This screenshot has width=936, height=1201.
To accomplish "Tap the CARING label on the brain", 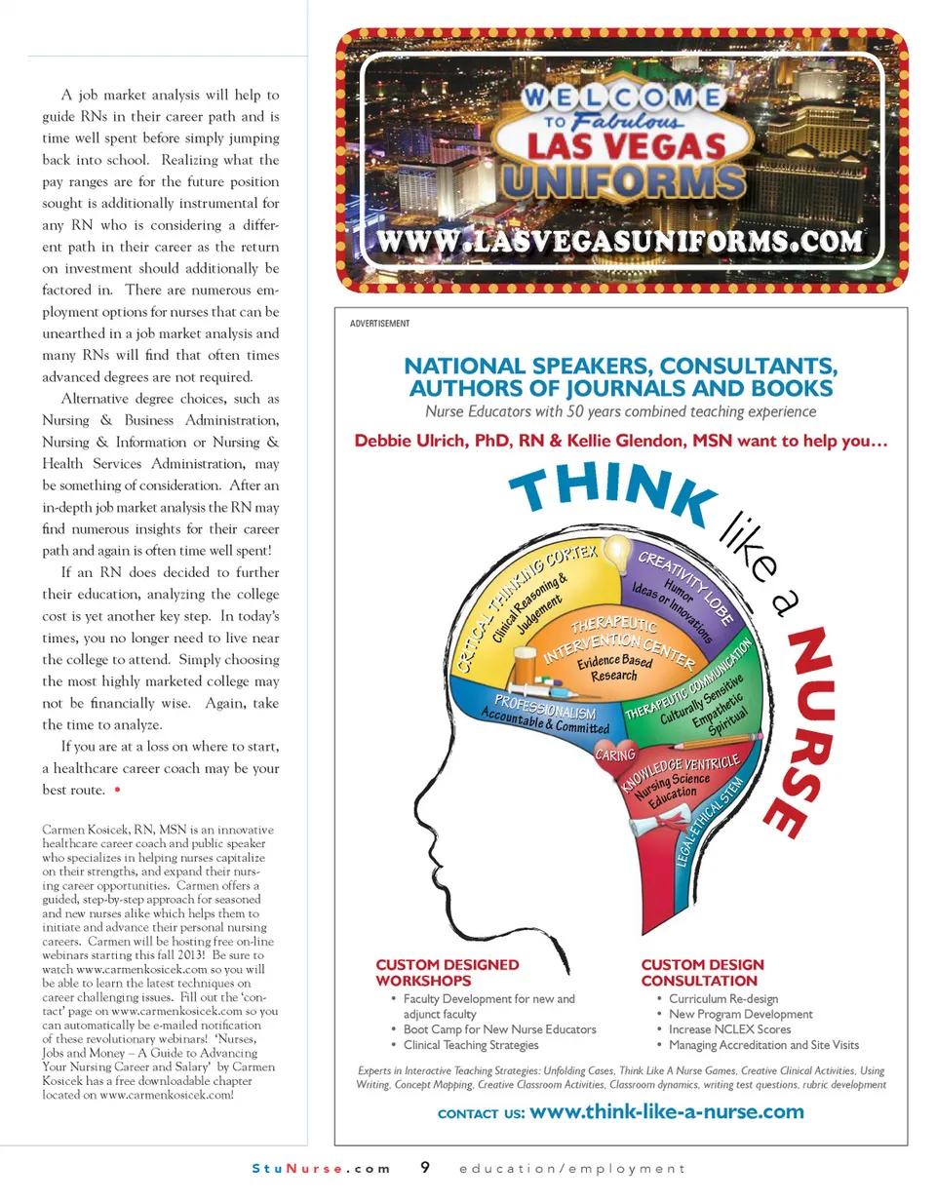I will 615,754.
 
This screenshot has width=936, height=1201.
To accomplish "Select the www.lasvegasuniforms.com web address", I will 620,241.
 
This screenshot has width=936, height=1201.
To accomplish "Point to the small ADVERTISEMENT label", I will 379,324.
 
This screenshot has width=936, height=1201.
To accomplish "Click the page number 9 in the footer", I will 425,1167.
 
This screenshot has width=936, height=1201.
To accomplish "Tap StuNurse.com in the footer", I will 321,1168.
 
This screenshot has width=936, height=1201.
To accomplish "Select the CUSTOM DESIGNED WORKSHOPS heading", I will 448,972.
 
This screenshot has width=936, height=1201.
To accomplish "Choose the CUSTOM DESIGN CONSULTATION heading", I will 702,972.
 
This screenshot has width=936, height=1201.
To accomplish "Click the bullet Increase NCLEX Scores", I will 729,1029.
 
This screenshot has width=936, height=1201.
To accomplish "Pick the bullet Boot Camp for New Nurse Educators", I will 499,1029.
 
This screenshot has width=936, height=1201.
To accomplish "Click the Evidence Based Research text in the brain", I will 614,668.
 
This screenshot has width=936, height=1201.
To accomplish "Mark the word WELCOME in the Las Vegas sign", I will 622,97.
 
